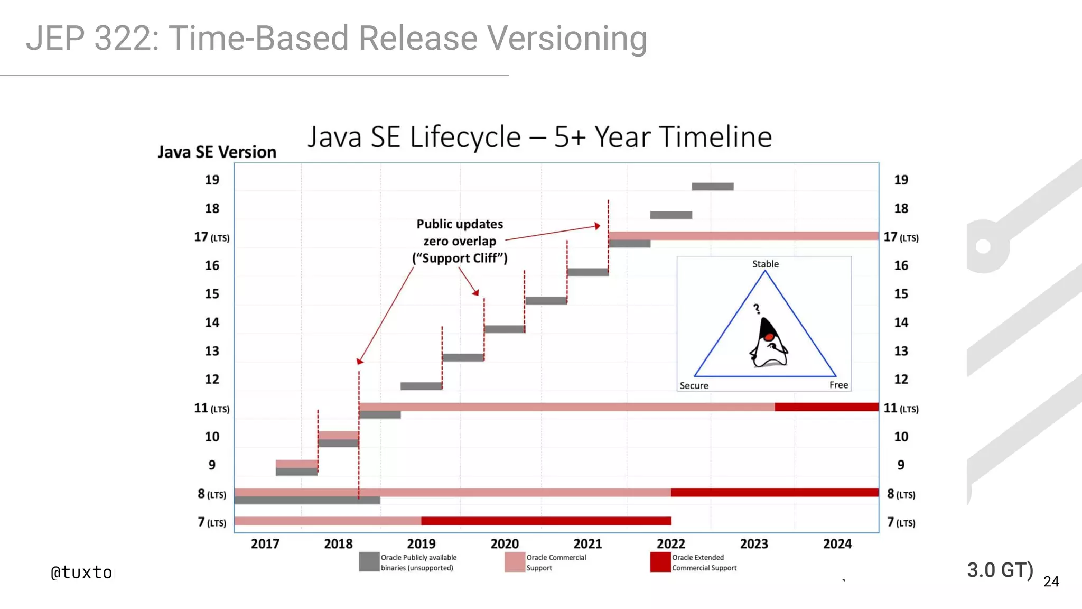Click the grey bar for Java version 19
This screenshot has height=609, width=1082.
712,187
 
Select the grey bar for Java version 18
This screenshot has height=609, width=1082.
670,215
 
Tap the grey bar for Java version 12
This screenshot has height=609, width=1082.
421,386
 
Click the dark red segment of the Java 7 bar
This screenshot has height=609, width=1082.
546,521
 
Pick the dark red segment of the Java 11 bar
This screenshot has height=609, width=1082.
826,407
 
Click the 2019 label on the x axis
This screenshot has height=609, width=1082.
421,543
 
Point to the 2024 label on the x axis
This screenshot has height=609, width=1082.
837,543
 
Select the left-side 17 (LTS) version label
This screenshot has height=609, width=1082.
211,237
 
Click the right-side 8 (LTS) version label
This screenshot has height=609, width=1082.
901,494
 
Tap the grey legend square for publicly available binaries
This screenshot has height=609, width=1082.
369,562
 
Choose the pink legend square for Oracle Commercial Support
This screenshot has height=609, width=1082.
515,562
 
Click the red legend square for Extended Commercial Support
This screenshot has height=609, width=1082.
660,562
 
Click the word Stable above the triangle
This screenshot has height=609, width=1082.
765,264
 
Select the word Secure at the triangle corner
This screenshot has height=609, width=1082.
694,385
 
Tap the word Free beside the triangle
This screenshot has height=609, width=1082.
838,385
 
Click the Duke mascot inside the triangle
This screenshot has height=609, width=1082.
769,344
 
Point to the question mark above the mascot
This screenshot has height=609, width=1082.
757,309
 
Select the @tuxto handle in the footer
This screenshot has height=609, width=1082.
81,573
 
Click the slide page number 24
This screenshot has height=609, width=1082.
1051,582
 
